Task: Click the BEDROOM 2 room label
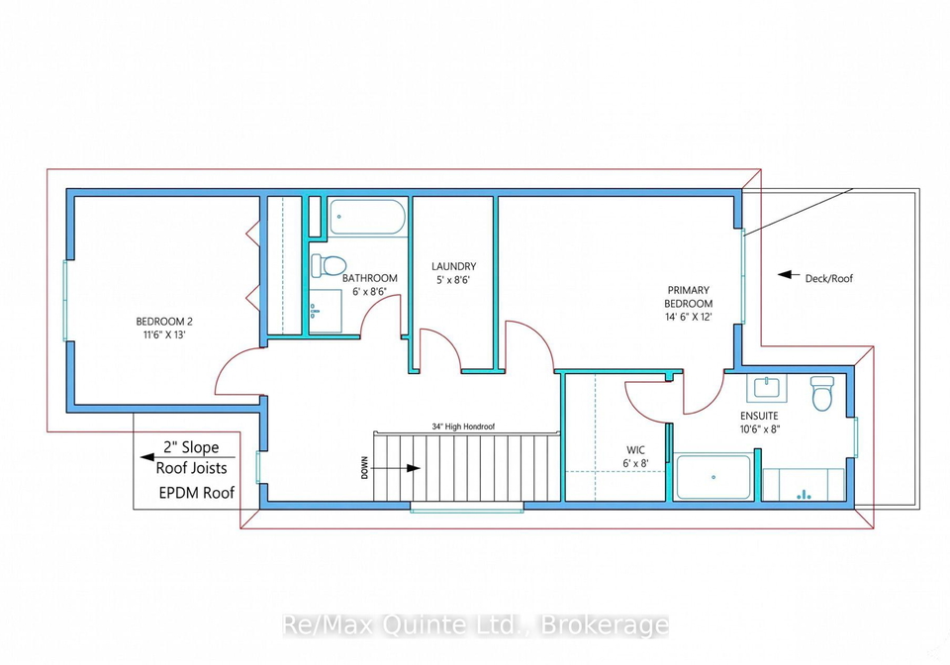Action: pos(163,322)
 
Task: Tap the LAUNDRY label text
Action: pos(454,266)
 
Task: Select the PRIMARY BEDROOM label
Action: pos(689,297)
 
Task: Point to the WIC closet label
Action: pos(635,450)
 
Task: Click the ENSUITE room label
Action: pos(759,416)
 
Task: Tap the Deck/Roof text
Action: pos(829,279)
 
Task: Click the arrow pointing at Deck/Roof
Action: pos(789,275)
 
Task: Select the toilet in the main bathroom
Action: pos(329,265)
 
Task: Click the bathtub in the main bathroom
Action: pos(367,218)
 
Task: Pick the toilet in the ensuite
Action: pos(822,393)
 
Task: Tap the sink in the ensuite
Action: pos(766,388)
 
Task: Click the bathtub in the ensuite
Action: pos(713,477)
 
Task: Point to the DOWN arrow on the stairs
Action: pos(396,468)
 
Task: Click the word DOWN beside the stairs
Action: pos(365,467)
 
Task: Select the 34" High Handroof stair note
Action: pos(463,427)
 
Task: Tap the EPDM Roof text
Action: pos(196,493)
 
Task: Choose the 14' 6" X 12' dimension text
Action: pos(689,317)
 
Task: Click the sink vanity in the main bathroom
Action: pos(326,311)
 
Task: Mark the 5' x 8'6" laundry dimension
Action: pos(454,280)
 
